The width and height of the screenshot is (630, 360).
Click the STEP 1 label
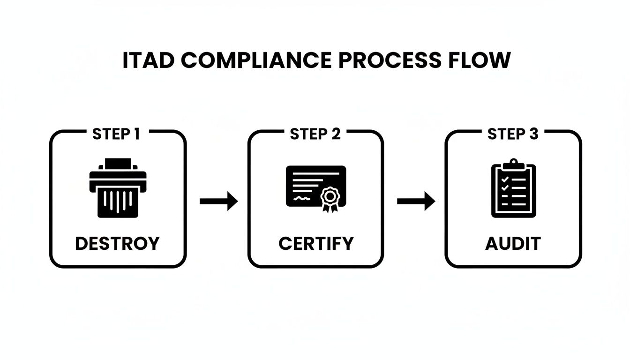[x=116, y=135]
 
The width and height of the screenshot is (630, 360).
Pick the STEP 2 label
[x=315, y=135]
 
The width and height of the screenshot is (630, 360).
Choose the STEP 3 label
[x=513, y=135]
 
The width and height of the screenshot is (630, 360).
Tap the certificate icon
[x=315, y=187]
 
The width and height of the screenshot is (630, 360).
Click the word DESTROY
[x=117, y=243]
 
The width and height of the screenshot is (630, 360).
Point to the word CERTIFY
[x=315, y=243]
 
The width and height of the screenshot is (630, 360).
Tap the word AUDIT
[x=513, y=243]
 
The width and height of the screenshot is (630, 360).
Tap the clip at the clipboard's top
[x=513, y=164]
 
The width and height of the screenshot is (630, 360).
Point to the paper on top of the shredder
[x=118, y=164]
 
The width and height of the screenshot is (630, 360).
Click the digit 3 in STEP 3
[x=533, y=135]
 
